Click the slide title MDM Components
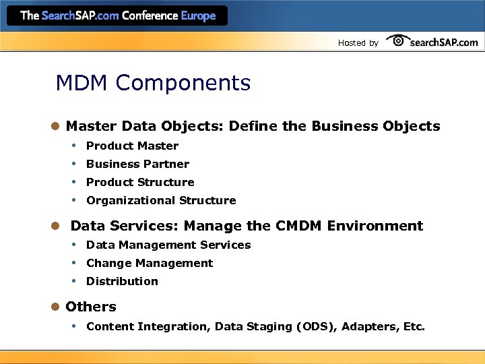tap(153, 84)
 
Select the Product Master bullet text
tap(132, 146)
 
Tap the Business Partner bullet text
tap(137, 164)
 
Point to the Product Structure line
tap(140, 182)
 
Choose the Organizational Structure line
tap(161, 200)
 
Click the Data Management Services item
tap(168, 245)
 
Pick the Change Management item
tap(150, 263)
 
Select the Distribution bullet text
tap(122, 281)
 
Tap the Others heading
tap(90, 307)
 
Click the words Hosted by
tap(358, 43)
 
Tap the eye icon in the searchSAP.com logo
tap(397, 40)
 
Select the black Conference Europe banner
tap(119, 15)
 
